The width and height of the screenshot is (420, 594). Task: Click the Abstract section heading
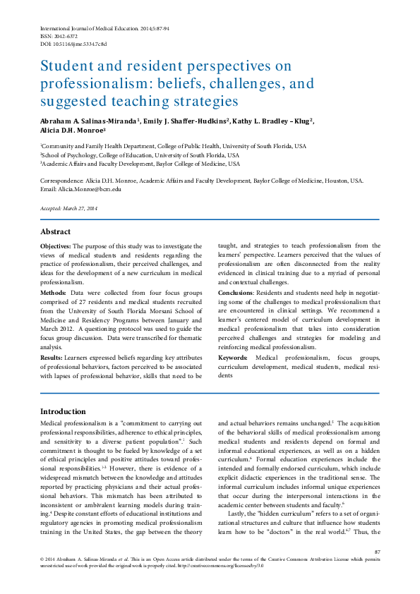[55, 231]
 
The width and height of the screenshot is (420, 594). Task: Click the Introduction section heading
[64, 411]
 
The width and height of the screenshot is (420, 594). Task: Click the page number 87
[377, 551]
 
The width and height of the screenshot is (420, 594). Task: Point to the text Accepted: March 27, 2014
[69, 208]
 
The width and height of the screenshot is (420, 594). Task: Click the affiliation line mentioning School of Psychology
[140, 154]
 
